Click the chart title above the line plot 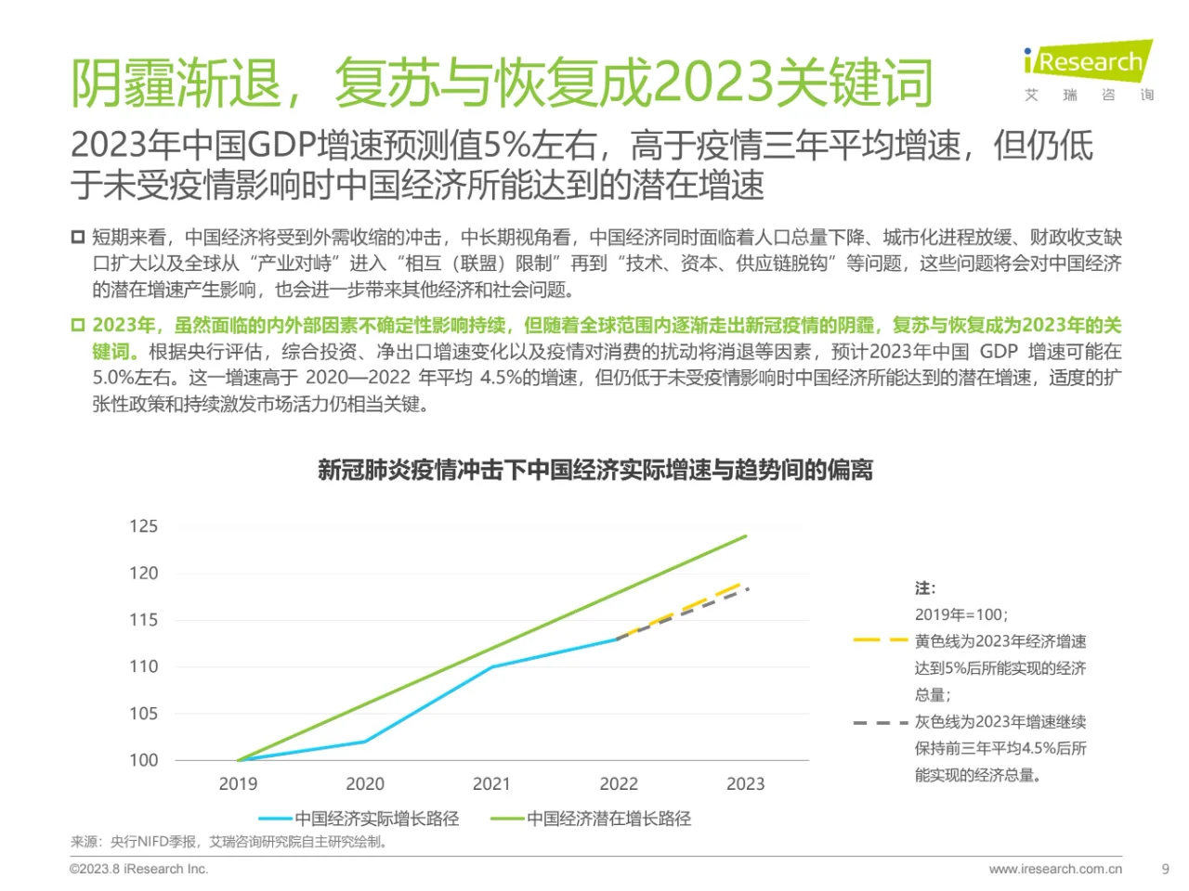point(594,470)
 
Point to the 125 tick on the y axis point(143,526)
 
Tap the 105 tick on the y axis point(143,713)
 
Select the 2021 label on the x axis point(491,784)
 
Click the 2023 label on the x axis point(745,784)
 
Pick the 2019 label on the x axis point(238,784)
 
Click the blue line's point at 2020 point(365,741)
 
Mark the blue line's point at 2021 point(491,666)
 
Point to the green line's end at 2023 point(746,536)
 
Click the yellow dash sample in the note point(880,641)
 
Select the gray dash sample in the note point(880,722)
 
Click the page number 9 point(1166,869)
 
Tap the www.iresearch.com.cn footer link point(1055,869)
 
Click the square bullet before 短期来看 point(78,237)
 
